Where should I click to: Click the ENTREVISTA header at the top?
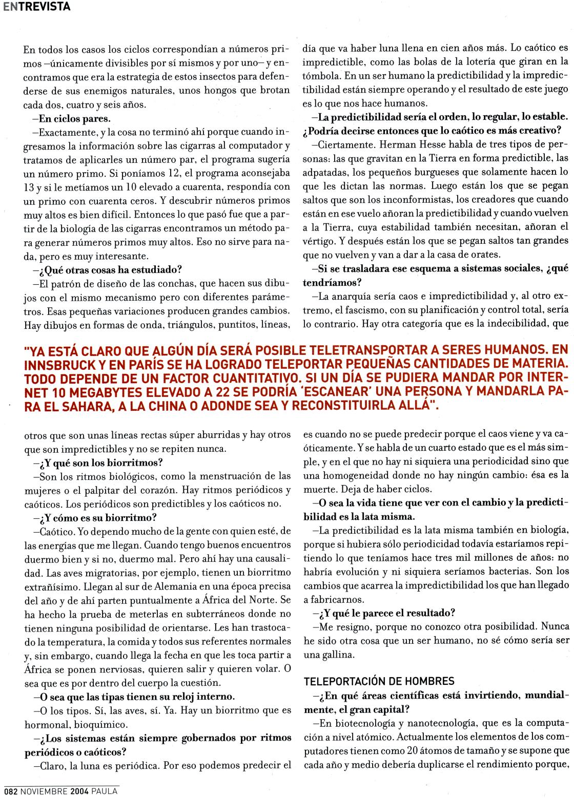[35, 7]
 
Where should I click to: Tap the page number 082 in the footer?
[10, 791]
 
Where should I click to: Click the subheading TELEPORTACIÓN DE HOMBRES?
[379, 681]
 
